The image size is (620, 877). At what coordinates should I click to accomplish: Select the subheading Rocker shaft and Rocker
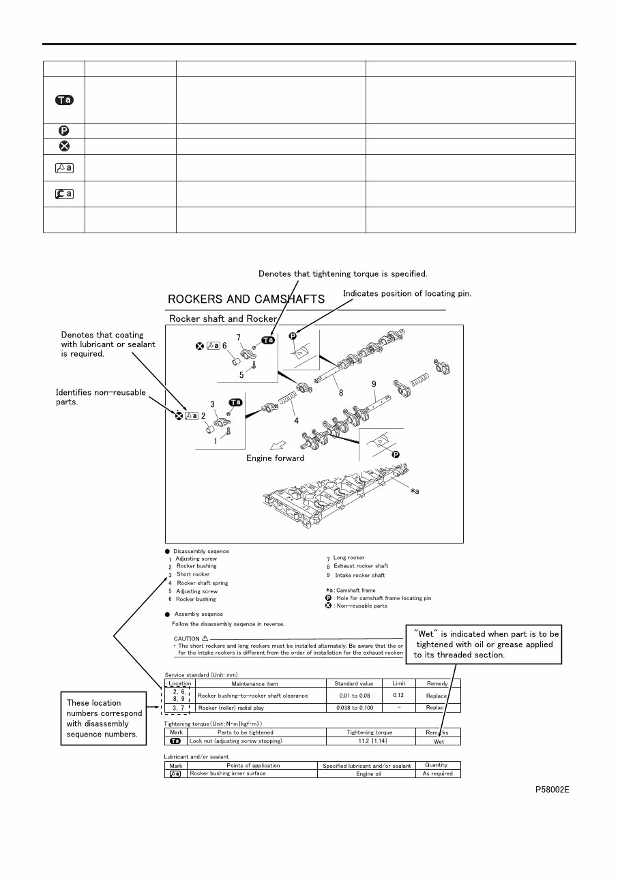click(222, 318)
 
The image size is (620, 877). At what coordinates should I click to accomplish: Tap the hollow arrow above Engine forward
click(277, 445)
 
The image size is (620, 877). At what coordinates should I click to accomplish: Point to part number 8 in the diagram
click(341, 393)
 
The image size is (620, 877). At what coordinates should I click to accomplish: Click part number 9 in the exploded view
click(374, 385)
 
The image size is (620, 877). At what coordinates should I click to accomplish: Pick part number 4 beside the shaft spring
click(296, 421)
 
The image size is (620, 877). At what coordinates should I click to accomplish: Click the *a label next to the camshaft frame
click(415, 492)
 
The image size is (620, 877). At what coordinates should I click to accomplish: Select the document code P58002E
click(552, 789)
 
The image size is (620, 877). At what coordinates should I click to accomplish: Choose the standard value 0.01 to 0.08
click(355, 696)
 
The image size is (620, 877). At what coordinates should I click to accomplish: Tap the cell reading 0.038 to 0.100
click(355, 708)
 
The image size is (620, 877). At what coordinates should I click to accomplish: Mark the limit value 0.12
click(398, 695)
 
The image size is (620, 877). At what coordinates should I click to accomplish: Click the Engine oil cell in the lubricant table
click(368, 774)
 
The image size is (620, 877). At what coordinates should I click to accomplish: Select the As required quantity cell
click(437, 774)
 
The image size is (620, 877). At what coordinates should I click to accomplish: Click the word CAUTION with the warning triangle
click(191, 638)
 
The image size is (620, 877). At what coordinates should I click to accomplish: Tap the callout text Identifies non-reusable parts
click(100, 396)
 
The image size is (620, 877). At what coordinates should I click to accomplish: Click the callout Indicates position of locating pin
click(407, 293)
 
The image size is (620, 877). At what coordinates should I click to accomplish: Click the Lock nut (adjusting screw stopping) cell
click(236, 741)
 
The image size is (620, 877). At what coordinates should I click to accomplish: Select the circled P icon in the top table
click(63, 131)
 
